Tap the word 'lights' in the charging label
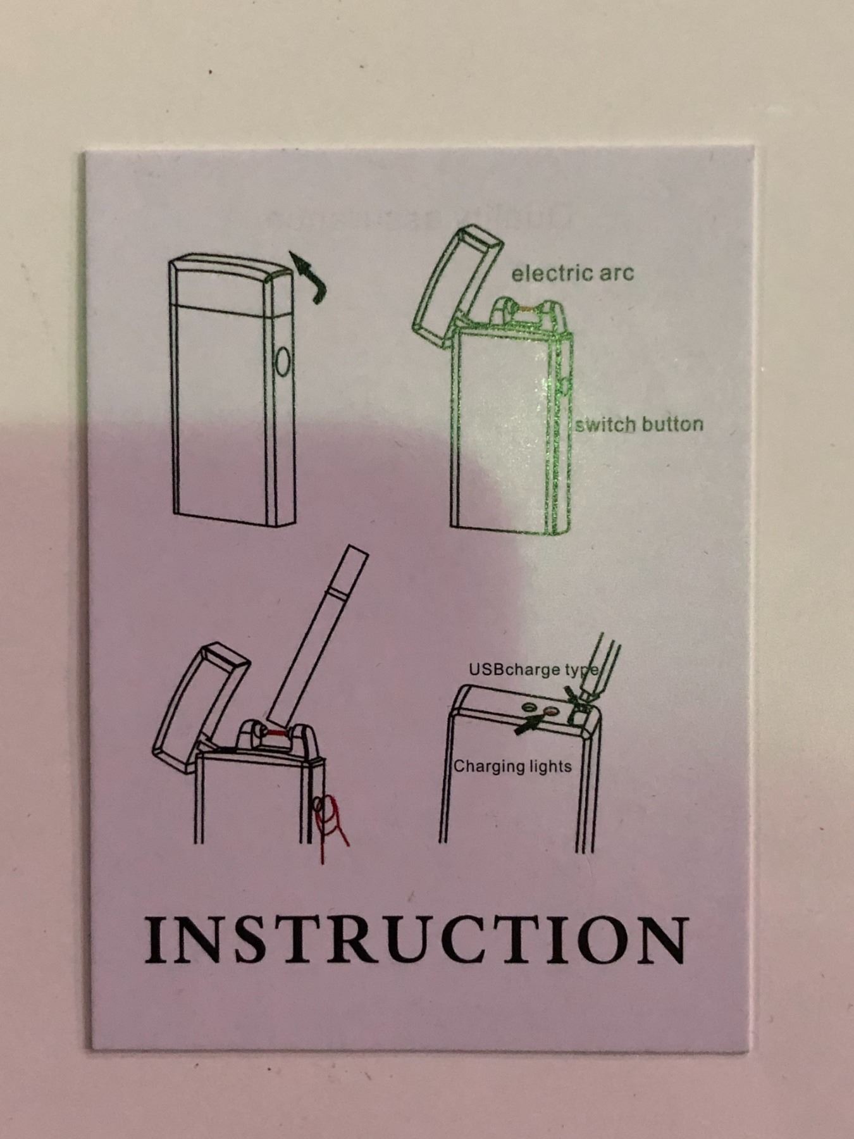[x=551, y=766]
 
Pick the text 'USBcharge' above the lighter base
[x=514, y=669]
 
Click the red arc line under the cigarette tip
[x=276, y=733]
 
